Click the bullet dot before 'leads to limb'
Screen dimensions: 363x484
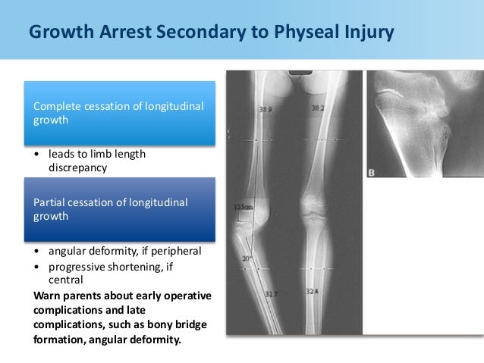[39, 155]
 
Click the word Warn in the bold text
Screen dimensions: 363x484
[49, 294]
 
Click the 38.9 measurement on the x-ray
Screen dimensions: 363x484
[265, 111]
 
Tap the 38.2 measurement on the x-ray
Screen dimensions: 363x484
[319, 109]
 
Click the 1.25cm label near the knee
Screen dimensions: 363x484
[244, 207]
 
